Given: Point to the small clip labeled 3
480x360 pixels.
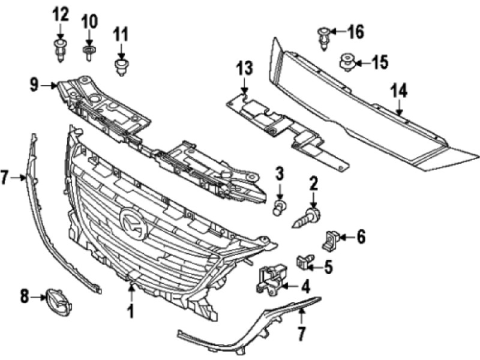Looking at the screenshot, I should point(278,208).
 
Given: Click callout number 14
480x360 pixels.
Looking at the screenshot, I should point(399,91).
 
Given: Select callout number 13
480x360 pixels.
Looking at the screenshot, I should point(245,67).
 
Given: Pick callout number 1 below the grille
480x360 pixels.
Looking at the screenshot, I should point(130,311).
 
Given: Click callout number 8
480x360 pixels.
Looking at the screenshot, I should point(24,295).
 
